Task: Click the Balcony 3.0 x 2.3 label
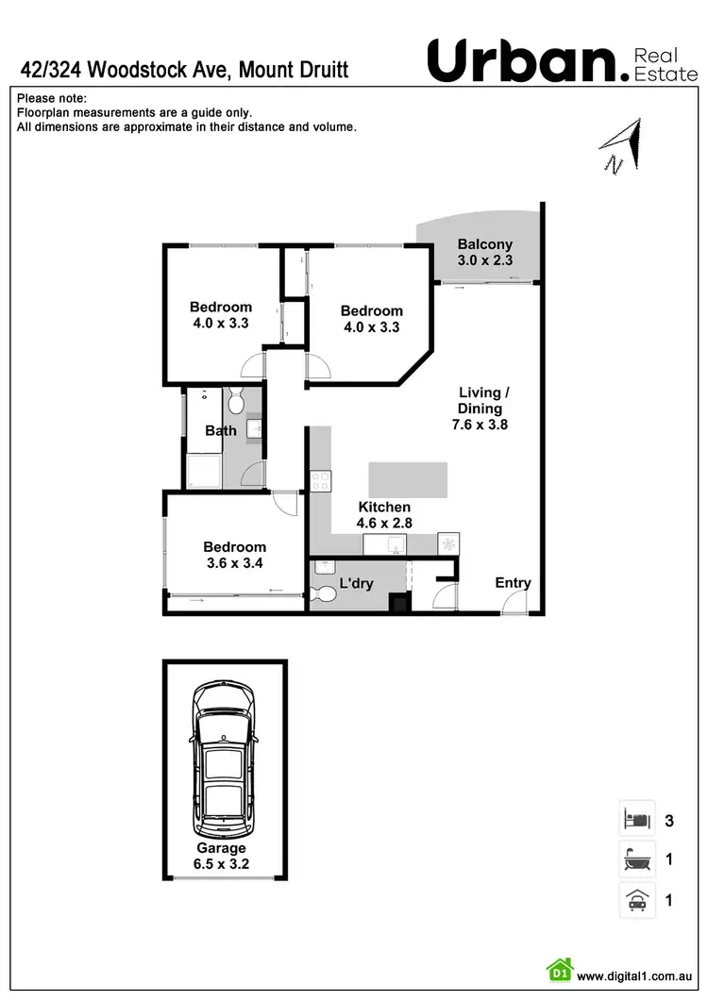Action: [484, 252]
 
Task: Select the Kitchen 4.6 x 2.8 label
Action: [383, 514]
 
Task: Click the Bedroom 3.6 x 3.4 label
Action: [234, 555]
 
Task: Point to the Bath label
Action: [221, 431]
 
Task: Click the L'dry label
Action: [356, 584]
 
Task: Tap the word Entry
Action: [513, 583]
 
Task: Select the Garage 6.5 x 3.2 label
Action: [221, 855]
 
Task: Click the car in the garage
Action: [224, 759]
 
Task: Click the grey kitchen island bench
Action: [408, 479]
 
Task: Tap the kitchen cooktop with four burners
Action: [320, 481]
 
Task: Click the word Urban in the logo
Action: [520, 61]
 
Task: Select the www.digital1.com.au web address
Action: [636, 976]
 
